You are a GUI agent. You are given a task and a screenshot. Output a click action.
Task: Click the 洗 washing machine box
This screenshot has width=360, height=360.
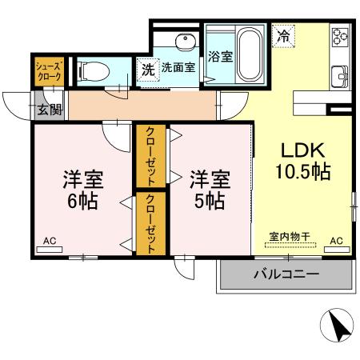[x=147, y=69]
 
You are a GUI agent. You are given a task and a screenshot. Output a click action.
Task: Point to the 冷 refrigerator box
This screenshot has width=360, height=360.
[x=283, y=35]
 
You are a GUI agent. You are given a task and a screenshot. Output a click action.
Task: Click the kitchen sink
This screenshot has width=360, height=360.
[x=341, y=78]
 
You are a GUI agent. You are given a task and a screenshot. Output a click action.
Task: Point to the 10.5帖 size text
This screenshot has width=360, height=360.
[x=300, y=171]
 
